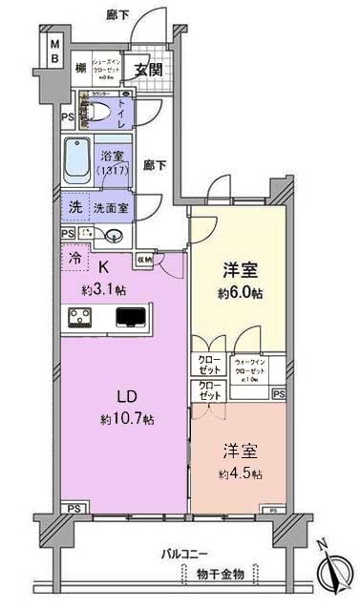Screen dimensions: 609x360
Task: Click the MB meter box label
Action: tap(54, 52)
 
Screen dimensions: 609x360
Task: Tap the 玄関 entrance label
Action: tap(148, 69)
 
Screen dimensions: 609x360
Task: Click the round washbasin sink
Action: tap(115, 236)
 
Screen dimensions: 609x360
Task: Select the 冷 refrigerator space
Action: tap(74, 257)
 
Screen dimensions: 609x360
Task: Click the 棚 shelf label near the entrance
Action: tap(83, 69)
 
